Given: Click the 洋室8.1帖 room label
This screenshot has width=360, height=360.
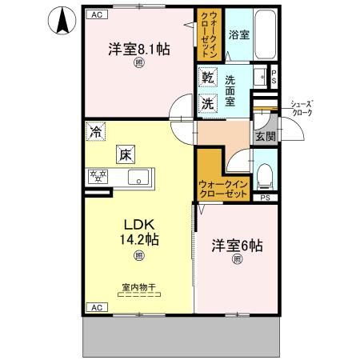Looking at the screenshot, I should point(138,49).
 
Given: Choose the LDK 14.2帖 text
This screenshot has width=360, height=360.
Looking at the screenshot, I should point(138,230).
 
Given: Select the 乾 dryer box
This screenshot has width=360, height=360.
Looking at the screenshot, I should point(207,78).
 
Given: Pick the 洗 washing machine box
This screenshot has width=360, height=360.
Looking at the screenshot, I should point(207,102).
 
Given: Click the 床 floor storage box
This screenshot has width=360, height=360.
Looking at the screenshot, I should point(125,154).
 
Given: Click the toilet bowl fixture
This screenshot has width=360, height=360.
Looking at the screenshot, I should point(266,174).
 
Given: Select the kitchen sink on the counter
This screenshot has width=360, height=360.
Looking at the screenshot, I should point(136,178).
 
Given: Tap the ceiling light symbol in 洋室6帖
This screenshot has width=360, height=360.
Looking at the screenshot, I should point(237,259).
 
